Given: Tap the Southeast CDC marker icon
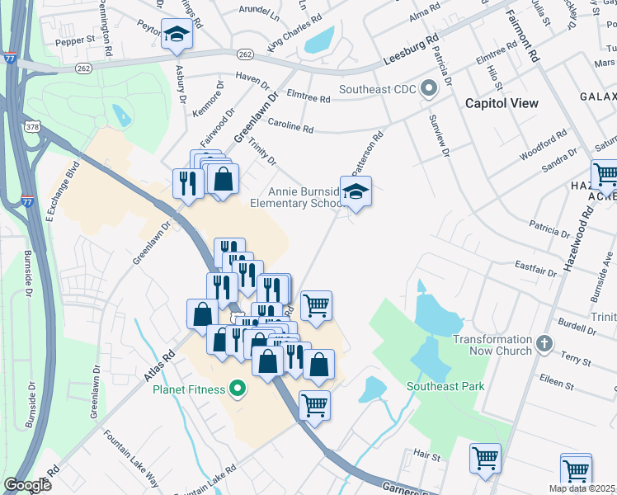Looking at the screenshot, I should [x=428, y=88].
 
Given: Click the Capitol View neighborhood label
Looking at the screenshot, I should [x=502, y=103].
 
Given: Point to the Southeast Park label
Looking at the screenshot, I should [x=445, y=385].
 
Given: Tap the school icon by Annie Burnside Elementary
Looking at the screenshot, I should [x=356, y=192].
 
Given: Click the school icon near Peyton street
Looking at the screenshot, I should [x=176, y=35].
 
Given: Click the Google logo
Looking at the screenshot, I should [x=27, y=485].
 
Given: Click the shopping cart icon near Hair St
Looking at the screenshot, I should [x=485, y=458].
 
